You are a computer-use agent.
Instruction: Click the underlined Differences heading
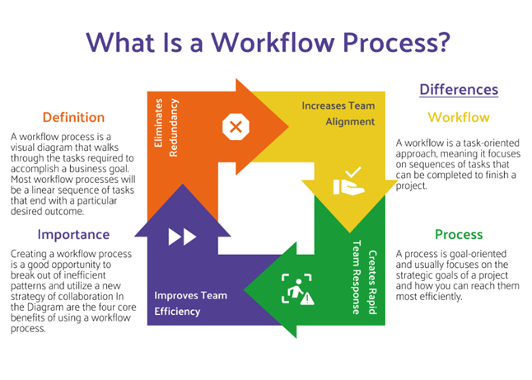tap(458, 89)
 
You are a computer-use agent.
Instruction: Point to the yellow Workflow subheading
tap(458, 117)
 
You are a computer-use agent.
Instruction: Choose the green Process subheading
tap(458, 235)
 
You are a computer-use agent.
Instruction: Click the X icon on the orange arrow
tap(235, 126)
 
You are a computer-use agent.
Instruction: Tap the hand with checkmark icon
tap(347, 181)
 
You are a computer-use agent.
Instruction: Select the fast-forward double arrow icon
tap(182, 237)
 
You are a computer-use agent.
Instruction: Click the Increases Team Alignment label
tap(338, 113)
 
